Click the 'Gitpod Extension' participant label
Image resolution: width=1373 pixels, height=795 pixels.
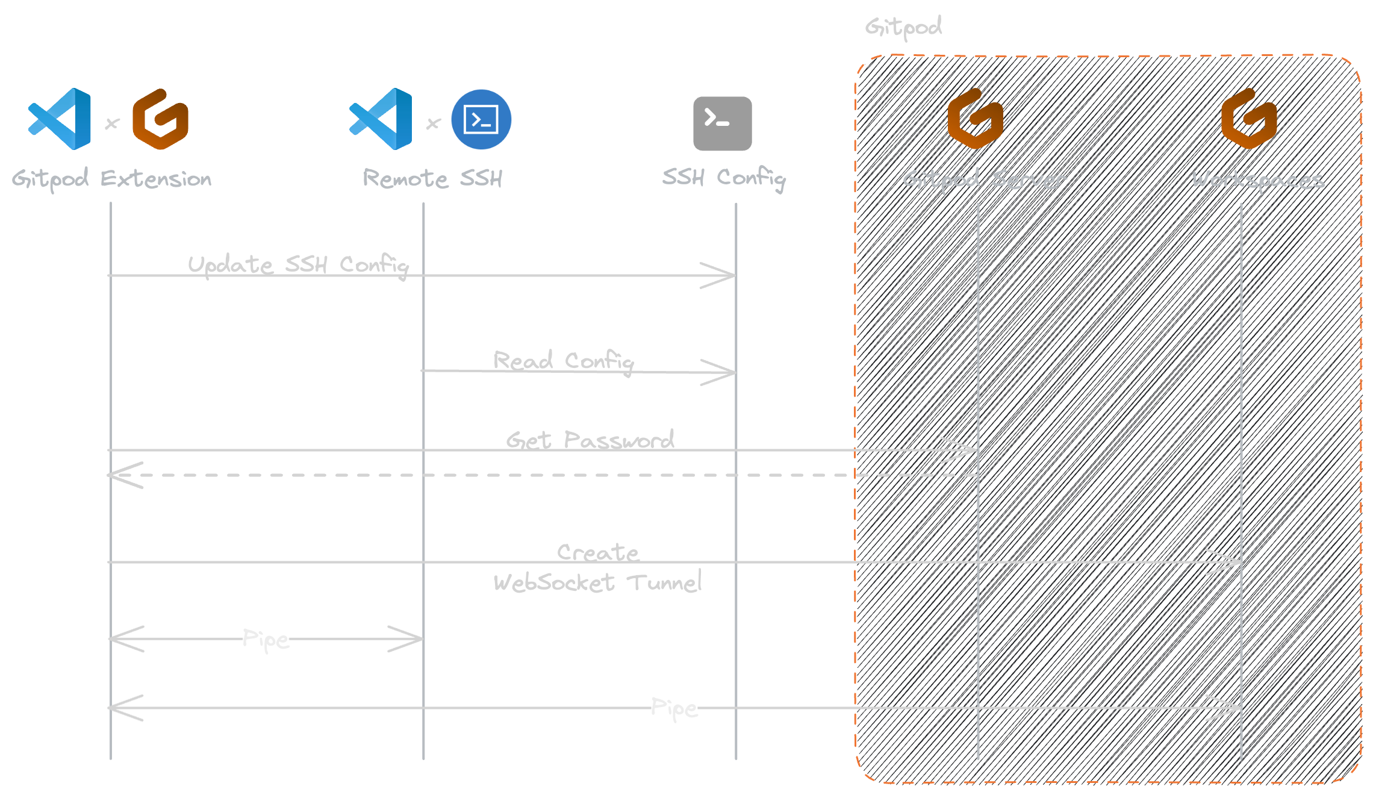[x=111, y=179]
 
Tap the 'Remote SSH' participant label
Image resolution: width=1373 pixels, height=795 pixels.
[x=432, y=178]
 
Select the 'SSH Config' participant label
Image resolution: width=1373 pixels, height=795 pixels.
[x=724, y=178]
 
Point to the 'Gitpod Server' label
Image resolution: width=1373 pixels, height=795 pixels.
[x=985, y=179]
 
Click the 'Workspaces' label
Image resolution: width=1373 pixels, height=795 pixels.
[x=1258, y=180]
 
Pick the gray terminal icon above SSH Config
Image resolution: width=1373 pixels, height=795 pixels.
[x=722, y=123]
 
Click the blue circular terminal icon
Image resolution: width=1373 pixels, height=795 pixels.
[x=481, y=119]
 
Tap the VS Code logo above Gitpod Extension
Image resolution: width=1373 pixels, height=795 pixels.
[x=60, y=119]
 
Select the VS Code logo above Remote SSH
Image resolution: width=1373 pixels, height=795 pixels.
[x=381, y=119]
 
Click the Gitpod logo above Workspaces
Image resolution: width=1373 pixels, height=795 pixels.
[x=1249, y=119]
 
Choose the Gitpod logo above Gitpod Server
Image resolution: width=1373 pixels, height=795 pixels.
[x=975, y=119]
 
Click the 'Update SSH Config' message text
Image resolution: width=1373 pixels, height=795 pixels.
[x=298, y=265]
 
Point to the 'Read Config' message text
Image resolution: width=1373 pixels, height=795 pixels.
[x=563, y=361]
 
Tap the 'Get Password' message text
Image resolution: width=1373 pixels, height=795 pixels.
[x=590, y=440]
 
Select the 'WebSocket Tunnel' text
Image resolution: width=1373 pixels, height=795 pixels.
[x=597, y=582]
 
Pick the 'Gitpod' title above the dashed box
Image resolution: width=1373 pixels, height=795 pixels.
[x=903, y=27]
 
